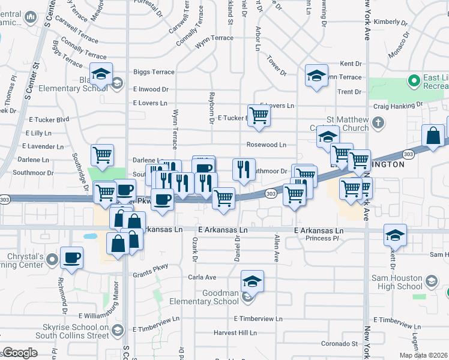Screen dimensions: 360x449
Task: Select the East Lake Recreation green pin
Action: tap(413, 80)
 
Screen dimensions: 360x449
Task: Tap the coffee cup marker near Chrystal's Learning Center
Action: tap(72, 258)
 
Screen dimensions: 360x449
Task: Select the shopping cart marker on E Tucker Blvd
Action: tap(259, 115)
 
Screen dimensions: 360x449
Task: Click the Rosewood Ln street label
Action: tap(266, 145)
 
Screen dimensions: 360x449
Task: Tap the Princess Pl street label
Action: tap(322, 238)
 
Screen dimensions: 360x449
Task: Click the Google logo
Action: tap(20, 353)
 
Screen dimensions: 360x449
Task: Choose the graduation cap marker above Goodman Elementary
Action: tap(253, 281)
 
